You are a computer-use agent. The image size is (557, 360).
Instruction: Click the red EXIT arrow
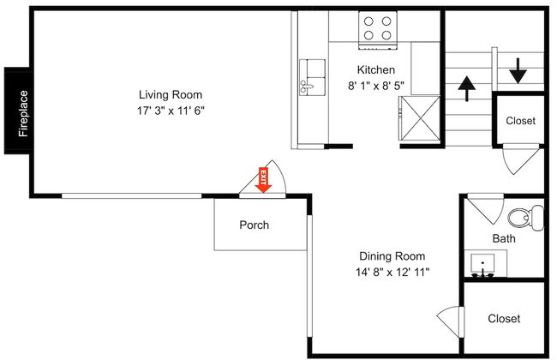point(263,180)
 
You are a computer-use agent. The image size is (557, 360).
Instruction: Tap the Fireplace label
point(23,113)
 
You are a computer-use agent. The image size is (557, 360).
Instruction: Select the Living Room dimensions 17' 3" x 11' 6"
point(171,111)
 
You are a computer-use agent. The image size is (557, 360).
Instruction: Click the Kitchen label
point(376,69)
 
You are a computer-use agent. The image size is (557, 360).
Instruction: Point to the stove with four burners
point(378,30)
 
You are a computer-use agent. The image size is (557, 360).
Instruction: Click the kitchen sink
point(312,77)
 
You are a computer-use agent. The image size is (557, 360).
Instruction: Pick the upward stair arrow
point(466,88)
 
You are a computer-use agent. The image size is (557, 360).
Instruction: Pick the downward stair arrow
point(518,71)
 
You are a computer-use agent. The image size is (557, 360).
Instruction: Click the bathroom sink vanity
point(486,263)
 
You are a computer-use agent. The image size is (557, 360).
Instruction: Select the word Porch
point(254,225)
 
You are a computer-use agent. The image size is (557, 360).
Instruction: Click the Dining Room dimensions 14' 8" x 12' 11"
point(392,273)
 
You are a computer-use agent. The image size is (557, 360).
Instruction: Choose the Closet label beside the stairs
point(520,121)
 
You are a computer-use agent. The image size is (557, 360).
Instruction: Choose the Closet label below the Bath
point(504,318)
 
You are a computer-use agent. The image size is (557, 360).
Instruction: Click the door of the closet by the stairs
point(522,159)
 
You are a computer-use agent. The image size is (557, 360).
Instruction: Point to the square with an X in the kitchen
point(420,118)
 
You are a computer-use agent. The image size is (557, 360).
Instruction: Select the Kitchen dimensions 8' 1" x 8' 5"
point(376,86)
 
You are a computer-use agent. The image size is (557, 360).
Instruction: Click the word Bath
point(504,238)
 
